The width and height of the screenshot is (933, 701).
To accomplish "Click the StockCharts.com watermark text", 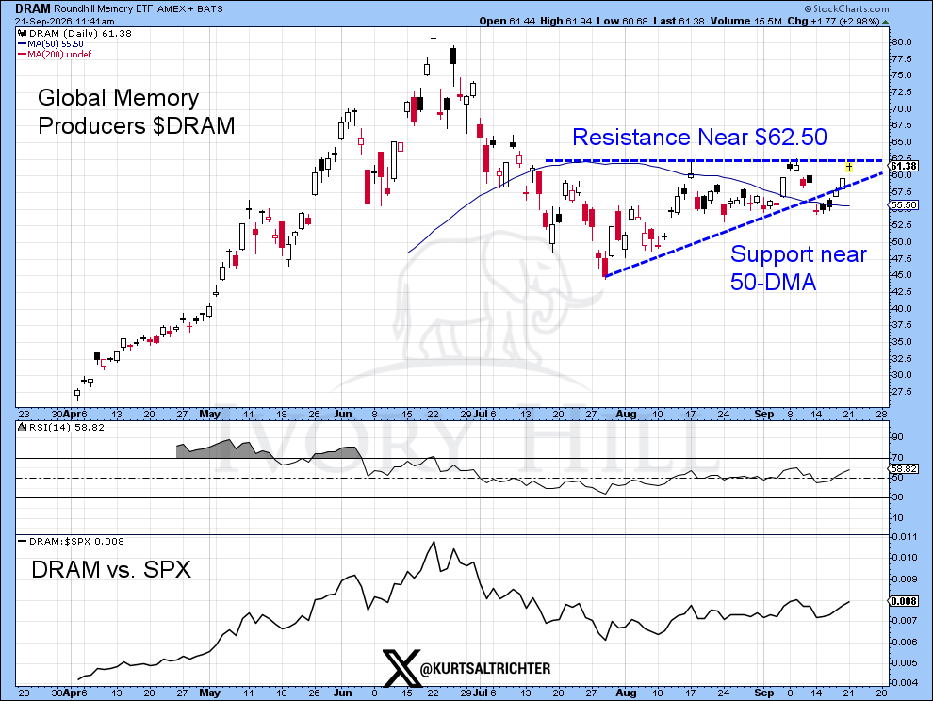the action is (x=846, y=8).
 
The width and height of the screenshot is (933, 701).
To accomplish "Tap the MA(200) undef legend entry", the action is (x=55, y=54).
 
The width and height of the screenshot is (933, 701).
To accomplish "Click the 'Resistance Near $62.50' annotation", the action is (x=699, y=137).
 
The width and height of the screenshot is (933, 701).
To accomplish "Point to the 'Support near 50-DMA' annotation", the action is (x=798, y=268).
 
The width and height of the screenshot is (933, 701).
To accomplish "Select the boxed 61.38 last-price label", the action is (x=903, y=166).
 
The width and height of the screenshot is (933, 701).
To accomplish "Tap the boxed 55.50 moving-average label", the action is (x=903, y=204).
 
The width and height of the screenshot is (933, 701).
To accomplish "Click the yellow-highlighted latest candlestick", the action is (x=849, y=167).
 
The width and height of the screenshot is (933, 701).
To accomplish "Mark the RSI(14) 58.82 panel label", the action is (x=60, y=427).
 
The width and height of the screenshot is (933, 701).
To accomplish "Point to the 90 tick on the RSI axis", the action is (x=897, y=437).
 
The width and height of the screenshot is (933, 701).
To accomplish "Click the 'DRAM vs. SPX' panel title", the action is (x=111, y=569).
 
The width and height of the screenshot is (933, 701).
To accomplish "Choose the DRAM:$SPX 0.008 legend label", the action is (x=72, y=541).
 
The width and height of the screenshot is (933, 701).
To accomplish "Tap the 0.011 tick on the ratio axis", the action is (x=904, y=536).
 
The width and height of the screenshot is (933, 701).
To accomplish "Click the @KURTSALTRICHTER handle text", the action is (x=485, y=669).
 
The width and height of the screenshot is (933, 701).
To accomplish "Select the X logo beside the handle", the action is (x=401, y=668).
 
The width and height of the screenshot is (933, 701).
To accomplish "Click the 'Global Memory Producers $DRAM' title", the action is (x=137, y=111).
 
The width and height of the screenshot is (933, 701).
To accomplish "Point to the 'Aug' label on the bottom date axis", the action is (x=627, y=693).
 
